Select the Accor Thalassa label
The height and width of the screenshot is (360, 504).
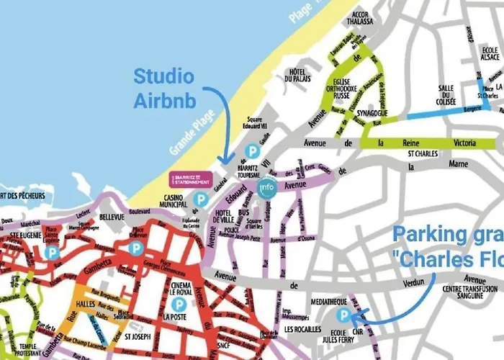[x=360, y=17]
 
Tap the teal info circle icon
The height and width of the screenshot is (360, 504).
[x=267, y=187]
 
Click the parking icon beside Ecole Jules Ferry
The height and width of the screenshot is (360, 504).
[x=344, y=315]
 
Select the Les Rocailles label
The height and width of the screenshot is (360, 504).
[x=303, y=330]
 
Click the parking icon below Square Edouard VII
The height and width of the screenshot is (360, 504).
[x=251, y=150]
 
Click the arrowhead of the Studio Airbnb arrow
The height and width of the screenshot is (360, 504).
[x=225, y=163]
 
